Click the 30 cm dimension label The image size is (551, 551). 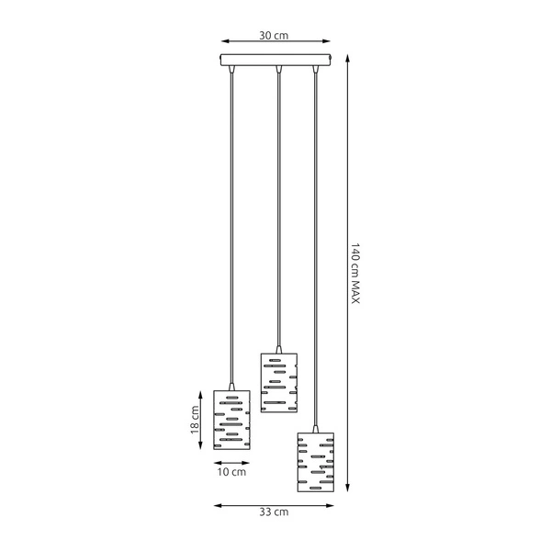click(275, 36)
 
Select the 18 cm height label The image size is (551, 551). click(195, 424)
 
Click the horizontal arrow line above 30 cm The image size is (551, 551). click(275, 42)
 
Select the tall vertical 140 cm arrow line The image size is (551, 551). click(345, 275)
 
